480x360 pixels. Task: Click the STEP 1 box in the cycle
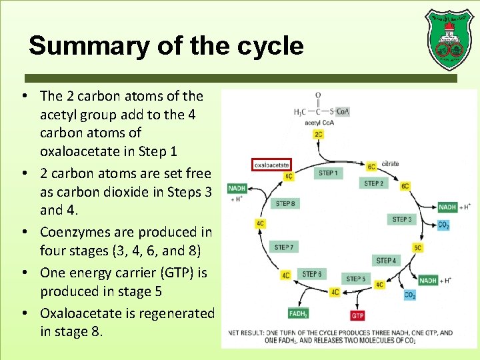tap(328, 173)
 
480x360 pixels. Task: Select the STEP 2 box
tap(373, 183)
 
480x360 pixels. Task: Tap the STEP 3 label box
tap(401, 219)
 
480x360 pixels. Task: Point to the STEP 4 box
tap(386, 261)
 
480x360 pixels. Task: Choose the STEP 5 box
tap(356, 279)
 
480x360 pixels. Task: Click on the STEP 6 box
tap(312, 274)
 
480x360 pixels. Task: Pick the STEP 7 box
tap(284, 247)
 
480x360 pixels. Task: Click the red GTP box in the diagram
tap(358, 315)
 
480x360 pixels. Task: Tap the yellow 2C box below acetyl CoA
tap(319, 135)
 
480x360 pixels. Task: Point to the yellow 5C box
tap(418, 248)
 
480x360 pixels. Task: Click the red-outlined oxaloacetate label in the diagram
tap(271, 164)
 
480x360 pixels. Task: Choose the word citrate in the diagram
tap(391, 163)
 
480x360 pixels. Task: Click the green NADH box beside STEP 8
tap(237, 189)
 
